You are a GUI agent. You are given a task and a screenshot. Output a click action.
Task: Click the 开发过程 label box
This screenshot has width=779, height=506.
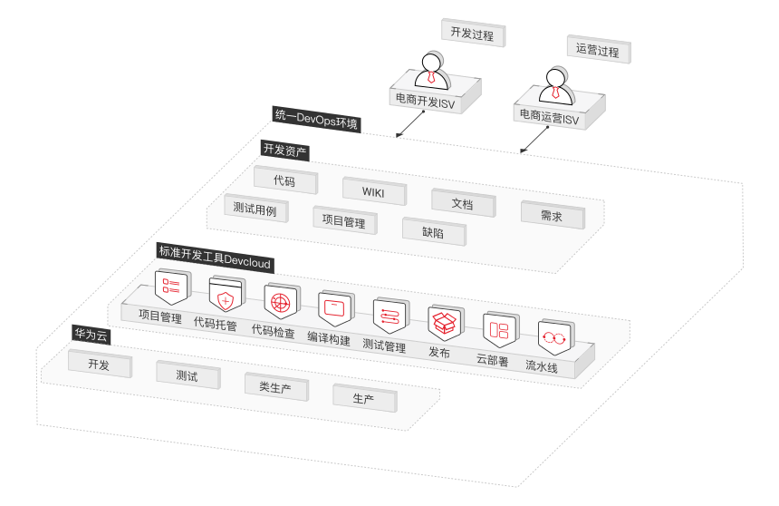coord(472,34)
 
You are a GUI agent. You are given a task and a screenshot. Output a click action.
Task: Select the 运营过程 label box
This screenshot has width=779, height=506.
coord(598,51)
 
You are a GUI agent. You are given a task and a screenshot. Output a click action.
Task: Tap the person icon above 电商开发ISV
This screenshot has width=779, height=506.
coord(431,69)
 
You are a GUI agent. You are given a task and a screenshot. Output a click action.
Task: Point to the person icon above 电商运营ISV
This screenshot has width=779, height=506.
coord(555,83)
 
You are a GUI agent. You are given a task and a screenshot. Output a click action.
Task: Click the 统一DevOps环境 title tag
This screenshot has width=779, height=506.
coord(316,118)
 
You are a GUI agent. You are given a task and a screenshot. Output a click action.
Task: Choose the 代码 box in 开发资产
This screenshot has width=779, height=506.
coord(284,180)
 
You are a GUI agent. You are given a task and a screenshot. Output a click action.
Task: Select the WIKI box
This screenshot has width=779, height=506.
coord(373,191)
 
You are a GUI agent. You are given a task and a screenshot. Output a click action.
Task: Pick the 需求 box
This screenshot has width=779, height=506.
coord(551,216)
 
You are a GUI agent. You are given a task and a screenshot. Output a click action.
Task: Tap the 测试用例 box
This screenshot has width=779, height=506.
coord(255,208)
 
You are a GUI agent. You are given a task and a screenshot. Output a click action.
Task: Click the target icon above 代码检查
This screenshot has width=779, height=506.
coord(281,300)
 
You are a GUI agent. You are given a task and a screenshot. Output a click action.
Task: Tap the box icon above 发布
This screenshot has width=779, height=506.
coord(445,322)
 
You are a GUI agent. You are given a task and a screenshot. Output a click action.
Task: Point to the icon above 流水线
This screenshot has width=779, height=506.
coord(553,336)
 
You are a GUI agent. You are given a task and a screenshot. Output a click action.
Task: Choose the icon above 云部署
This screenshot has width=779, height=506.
coord(499,328)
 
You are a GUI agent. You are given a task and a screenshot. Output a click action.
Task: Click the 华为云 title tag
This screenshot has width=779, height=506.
coord(91,335)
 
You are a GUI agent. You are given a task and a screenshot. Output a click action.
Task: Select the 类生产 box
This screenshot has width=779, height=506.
coord(275,386)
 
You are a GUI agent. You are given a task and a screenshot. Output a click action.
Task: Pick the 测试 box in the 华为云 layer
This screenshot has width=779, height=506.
coord(187,375)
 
